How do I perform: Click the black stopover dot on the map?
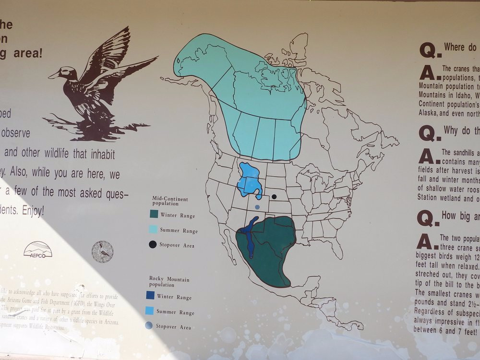[274, 196]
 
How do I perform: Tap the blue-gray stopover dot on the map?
[257, 207]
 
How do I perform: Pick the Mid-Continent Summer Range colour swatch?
[153, 229]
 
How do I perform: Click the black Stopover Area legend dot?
[153, 244]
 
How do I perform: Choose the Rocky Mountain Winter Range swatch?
[150, 296]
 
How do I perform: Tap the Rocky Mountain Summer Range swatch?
[150, 311]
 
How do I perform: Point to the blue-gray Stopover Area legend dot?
[149, 326]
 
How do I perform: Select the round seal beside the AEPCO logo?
[102, 252]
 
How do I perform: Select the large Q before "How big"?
[425, 218]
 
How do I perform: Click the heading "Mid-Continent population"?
[169, 201]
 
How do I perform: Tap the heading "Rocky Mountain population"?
[169, 281]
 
